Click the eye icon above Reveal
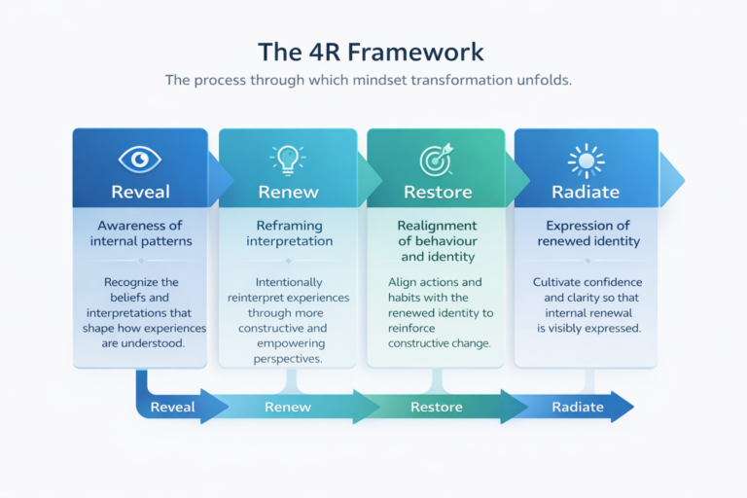point(140,159)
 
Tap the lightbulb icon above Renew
point(288,159)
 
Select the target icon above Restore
point(436,160)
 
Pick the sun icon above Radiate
point(586,160)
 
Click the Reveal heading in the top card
point(140,192)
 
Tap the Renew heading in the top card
point(288,192)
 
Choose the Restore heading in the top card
point(437,192)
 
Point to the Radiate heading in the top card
point(586,192)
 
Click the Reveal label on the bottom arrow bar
point(173,407)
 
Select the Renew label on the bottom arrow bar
point(288,407)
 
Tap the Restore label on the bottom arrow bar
point(437,407)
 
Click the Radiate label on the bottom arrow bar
point(578,407)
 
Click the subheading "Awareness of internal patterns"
point(140,233)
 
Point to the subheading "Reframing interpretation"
point(288,233)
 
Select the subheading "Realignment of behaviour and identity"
point(437,241)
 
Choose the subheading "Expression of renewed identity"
point(586,233)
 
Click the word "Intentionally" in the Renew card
point(290,282)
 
